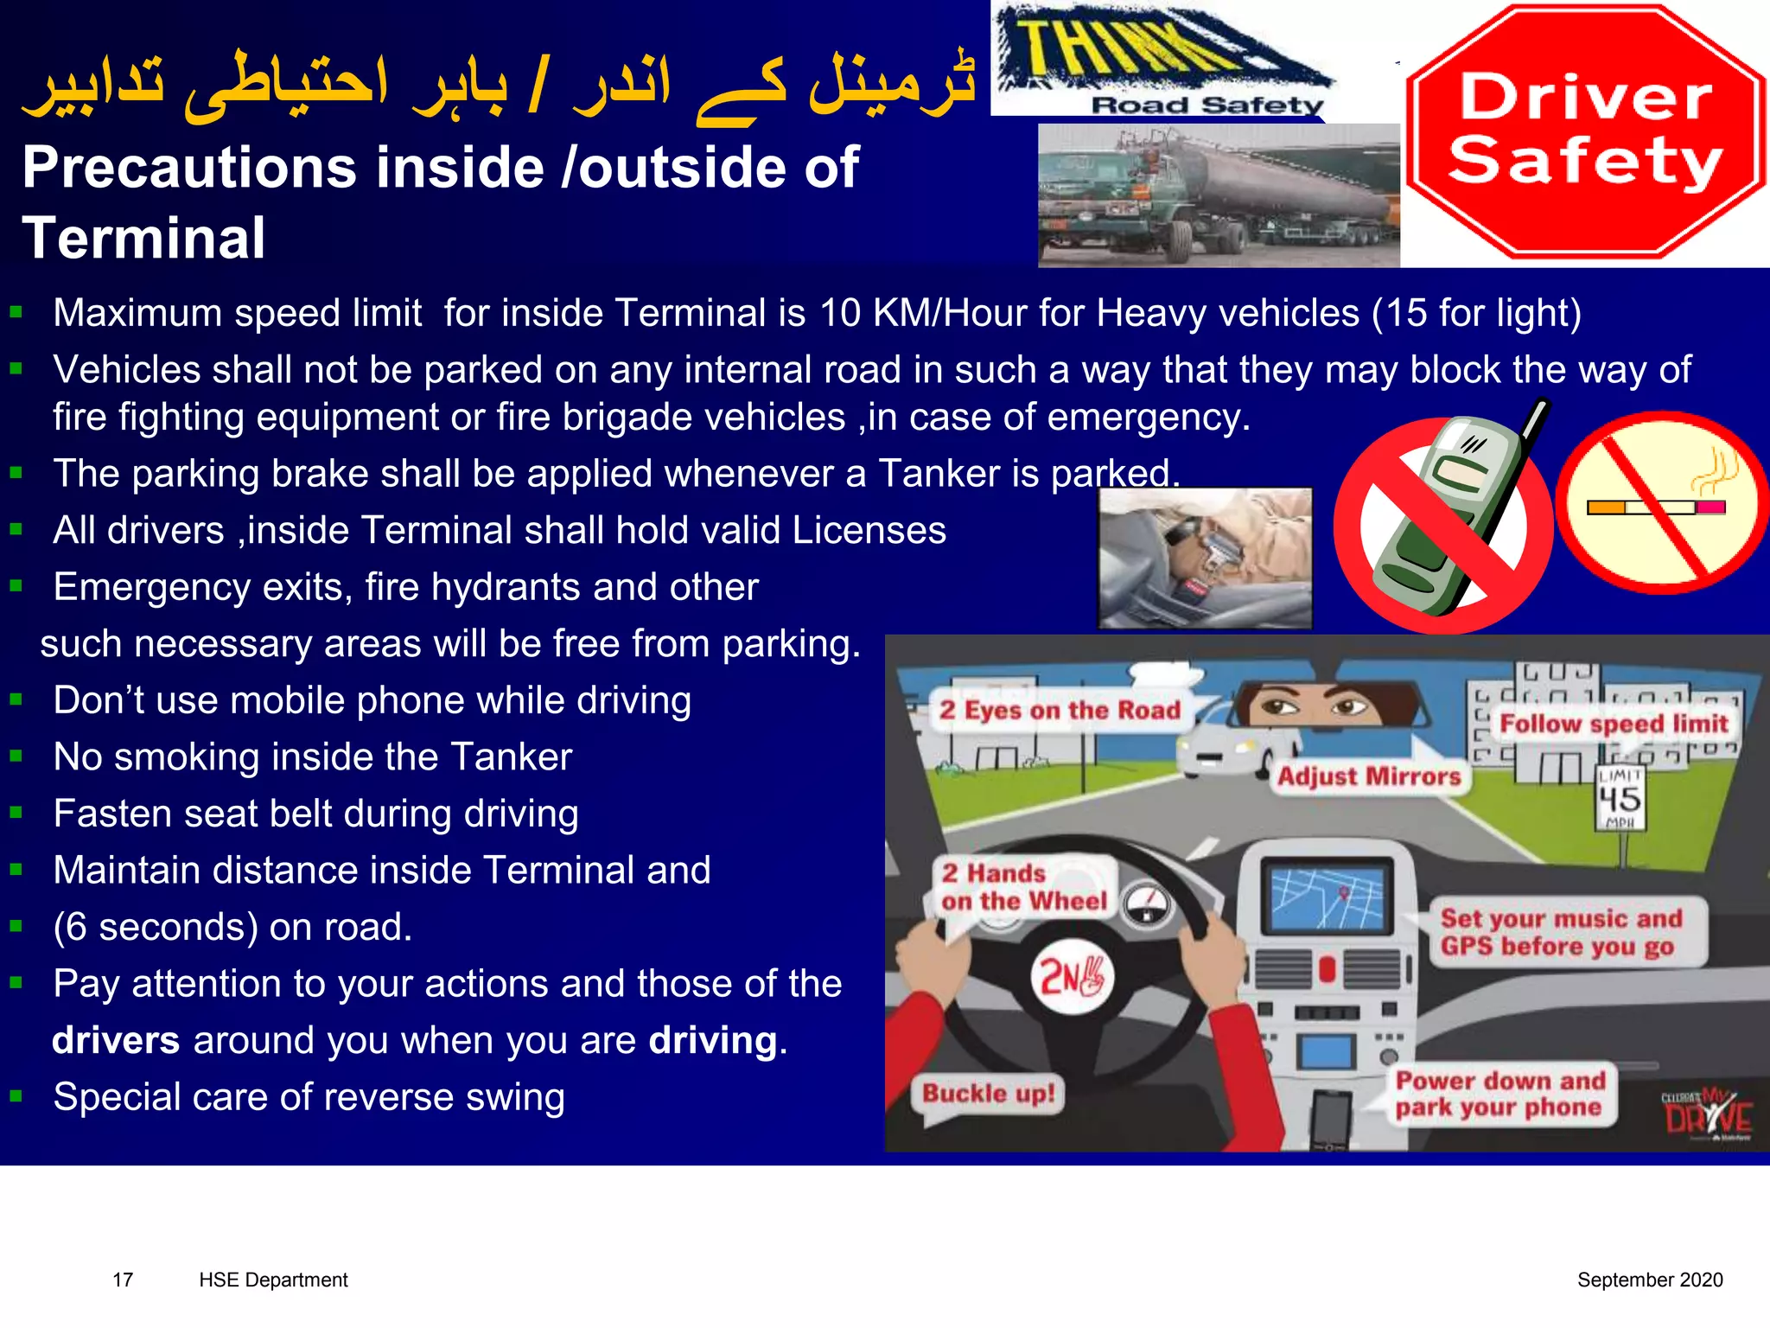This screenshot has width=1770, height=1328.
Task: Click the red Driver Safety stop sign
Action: tap(1585, 131)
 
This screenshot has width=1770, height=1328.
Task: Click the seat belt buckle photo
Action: tap(1205, 559)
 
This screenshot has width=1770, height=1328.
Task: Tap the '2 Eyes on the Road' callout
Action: tap(1060, 711)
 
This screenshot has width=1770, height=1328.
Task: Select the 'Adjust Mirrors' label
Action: tap(1369, 776)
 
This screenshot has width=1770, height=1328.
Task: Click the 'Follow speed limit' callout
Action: tap(1613, 724)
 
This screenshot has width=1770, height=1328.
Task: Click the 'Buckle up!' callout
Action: tap(988, 1094)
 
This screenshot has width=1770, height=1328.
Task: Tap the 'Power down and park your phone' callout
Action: tap(1499, 1094)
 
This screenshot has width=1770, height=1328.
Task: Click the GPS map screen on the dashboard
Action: tap(1327, 897)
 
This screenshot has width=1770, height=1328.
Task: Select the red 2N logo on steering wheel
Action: tap(1072, 978)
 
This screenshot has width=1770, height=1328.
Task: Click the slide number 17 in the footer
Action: tap(123, 1280)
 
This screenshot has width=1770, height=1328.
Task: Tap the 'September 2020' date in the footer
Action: tap(1649, 1280)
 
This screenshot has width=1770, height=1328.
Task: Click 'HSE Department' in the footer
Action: tap(273, 1280)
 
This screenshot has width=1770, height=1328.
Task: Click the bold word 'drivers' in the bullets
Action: tap(116, 1040)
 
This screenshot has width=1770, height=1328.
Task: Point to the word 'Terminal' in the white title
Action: tap(143, 239)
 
